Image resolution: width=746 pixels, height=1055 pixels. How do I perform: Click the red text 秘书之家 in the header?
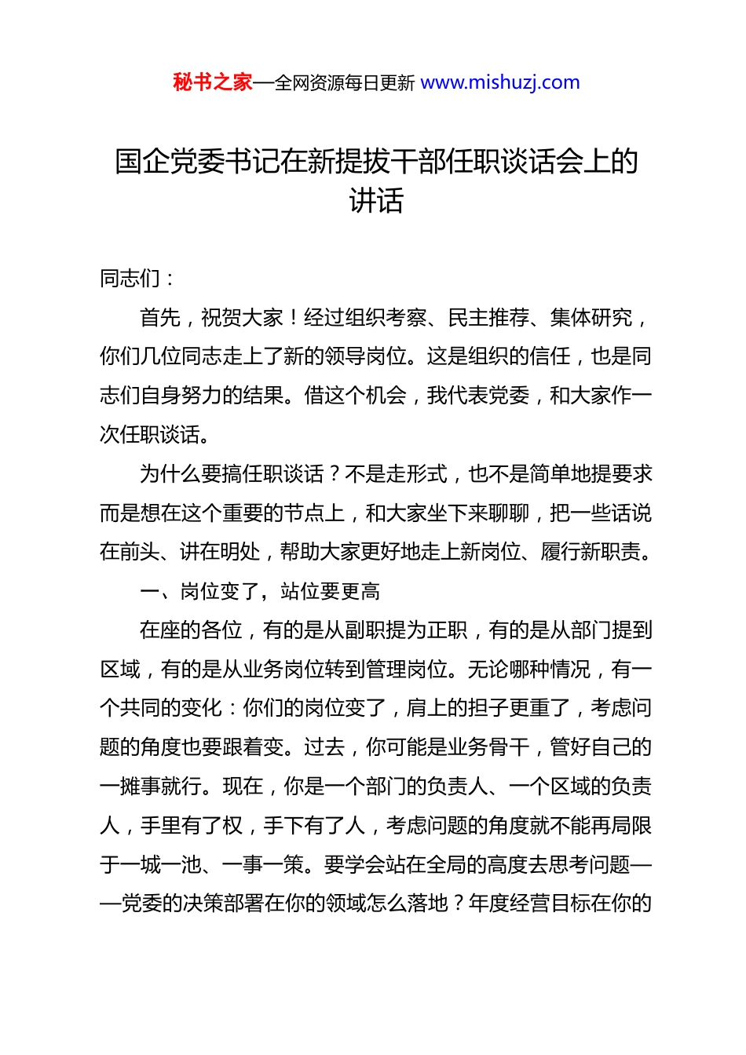213,82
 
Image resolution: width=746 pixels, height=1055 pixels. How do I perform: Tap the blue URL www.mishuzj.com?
500,82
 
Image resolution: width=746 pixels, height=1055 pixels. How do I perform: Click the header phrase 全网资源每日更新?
345,83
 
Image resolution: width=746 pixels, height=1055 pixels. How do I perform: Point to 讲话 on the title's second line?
376,201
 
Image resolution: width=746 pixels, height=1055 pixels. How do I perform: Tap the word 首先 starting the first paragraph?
160,317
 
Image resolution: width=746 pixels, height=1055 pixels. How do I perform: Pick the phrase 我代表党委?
478,396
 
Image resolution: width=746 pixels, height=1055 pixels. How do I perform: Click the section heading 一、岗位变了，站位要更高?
260,591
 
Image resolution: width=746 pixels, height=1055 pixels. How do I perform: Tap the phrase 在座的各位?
191,630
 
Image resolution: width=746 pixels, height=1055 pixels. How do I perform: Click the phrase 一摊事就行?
151,787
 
